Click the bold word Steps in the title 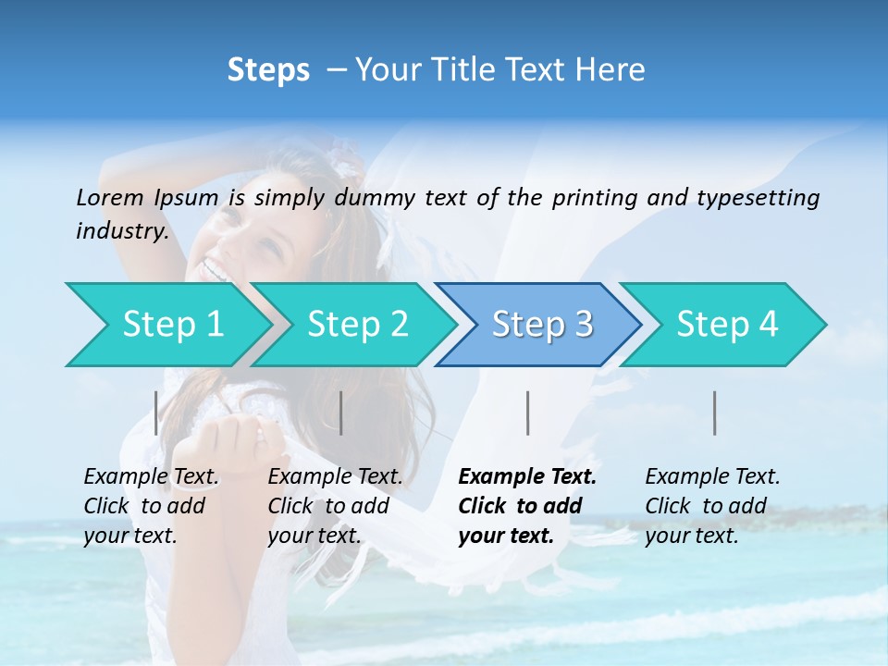tap(268, 70)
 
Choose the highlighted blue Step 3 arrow tap(542, 325)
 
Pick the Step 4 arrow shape tap(727, 325)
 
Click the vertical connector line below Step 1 tap(156, 413)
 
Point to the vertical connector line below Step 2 tap(341, 413)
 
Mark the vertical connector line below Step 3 tap(527, 413)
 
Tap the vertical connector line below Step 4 tap(714, 413)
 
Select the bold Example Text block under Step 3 tap(527, 506)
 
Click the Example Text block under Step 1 tap(151, 506)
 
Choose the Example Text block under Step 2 tap(335, 506)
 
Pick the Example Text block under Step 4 tap(712, 506)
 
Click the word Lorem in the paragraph tap(110, 197)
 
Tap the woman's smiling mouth tap(215, 271)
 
